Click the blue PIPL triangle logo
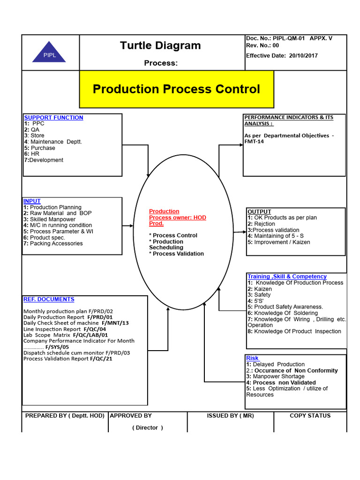(x=49, y=53)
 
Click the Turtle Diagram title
(x=160, y=45)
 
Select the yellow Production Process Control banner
(x=176, y=89)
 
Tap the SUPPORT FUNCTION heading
(x=53, y=118)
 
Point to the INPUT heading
(x=32, y=201)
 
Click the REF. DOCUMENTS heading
(x=49, y=299)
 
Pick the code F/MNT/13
(x=115, y=323)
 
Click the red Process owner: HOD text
(x=177, y=217)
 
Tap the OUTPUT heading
(x=259, y=212)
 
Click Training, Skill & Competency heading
(x=287, y=277)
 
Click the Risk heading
(x=253, y=358)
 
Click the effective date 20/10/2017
(x=303, y=55)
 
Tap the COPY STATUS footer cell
(x=310, y=416)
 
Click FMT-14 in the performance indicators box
(x=254, y=142)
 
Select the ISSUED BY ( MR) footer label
(x=230, y=416)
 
